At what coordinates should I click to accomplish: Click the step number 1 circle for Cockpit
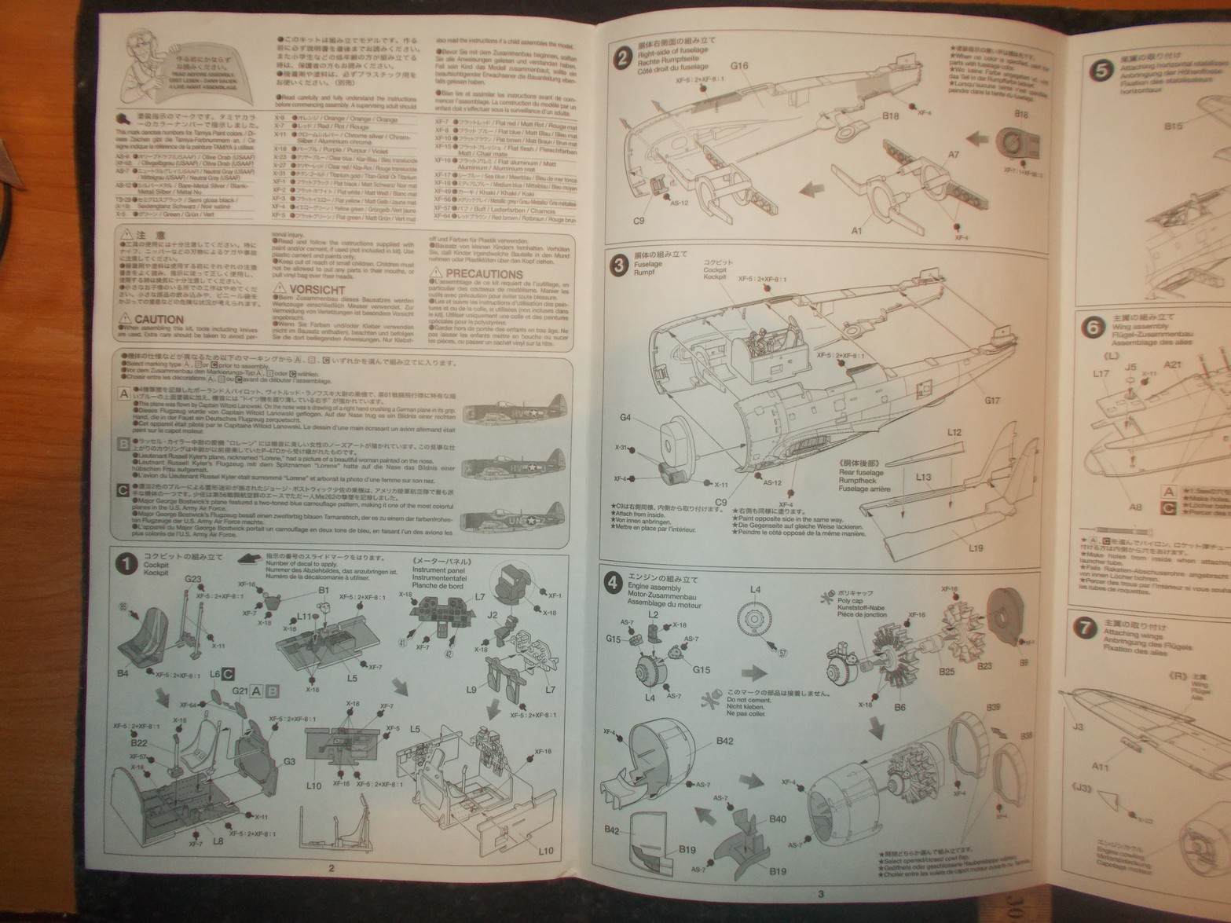point(126,564)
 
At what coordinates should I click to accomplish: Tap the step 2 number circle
point(622,57)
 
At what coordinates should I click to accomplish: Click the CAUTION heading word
point(158,319)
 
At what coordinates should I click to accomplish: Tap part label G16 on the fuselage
point(738,66)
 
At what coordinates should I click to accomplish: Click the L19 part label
point(975,547)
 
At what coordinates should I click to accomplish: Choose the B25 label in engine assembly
point(946,671)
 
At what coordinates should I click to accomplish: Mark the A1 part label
point(856,231)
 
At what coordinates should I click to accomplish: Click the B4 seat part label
point(122,673)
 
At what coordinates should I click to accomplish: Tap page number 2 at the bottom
point(331,868)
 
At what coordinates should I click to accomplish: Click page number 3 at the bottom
point(821,893)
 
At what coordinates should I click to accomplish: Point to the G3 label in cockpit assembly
point(289,760)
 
